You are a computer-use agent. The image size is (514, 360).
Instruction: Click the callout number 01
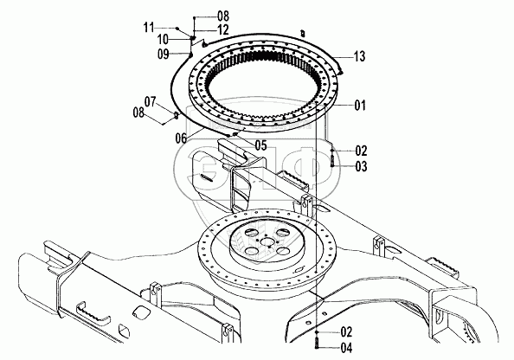coord(360,106)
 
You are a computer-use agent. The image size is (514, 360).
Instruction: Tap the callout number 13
coord(359,56)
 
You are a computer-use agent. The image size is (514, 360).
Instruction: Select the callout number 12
coord(223,29)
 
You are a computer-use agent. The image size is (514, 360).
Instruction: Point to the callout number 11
coord(149,28)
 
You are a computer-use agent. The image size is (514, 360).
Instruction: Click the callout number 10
coord(163,40)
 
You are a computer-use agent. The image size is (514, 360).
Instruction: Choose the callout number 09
coord(164,55)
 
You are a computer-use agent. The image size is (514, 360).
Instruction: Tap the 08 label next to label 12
coord(223,16)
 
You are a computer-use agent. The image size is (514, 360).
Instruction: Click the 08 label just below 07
coord(138,112)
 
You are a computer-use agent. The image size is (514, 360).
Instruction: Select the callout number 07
coord(151,101)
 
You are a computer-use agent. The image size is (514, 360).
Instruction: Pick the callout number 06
coord(181,138)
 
